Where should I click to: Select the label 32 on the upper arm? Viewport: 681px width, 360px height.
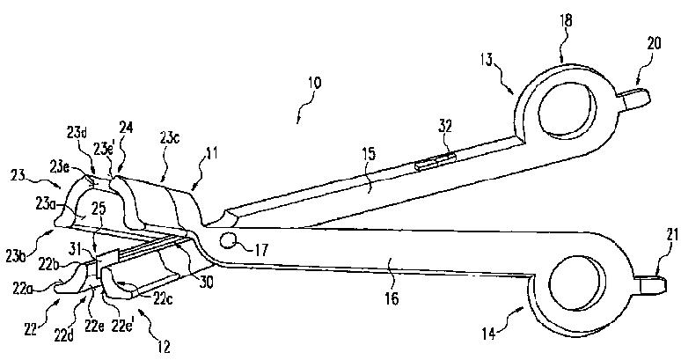(444, 141)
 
